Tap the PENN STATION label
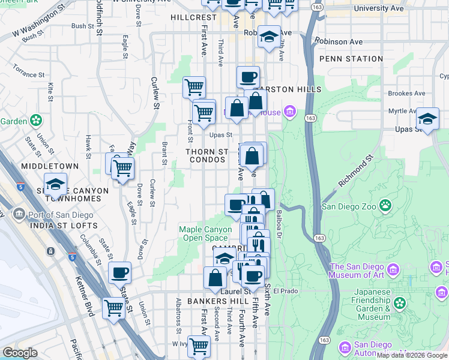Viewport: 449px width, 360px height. (x=351, y=59)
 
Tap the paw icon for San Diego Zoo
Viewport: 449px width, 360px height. (x=385, y=207)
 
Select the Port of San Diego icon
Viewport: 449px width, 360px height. (x=18, y=215)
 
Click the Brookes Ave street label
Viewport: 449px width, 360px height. (x=406, y=94)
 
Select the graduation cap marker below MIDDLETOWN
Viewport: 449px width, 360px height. (x=55, y=184)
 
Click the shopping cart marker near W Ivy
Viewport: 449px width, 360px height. (x=198, y=345)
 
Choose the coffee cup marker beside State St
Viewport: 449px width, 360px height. (x=119, y=272)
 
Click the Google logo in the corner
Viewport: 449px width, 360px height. (x=20, y=353)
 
